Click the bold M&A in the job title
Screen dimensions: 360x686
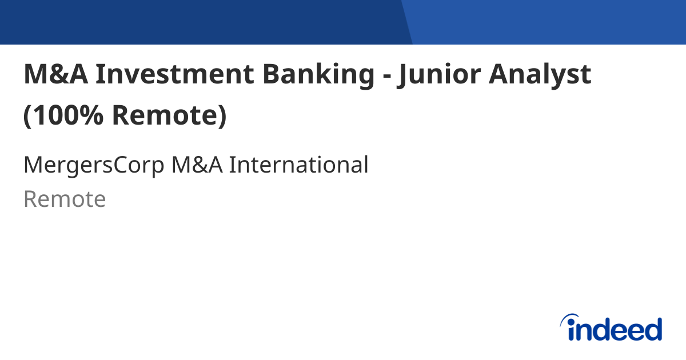[55, 75]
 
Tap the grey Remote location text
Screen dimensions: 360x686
[65, 199]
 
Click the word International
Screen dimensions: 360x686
[298, 165]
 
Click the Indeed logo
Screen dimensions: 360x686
[611, 328]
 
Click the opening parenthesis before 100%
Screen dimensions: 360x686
[27, 117]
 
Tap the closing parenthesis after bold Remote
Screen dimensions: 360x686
[222, 117]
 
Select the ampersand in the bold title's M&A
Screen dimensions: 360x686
[57, 75]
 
